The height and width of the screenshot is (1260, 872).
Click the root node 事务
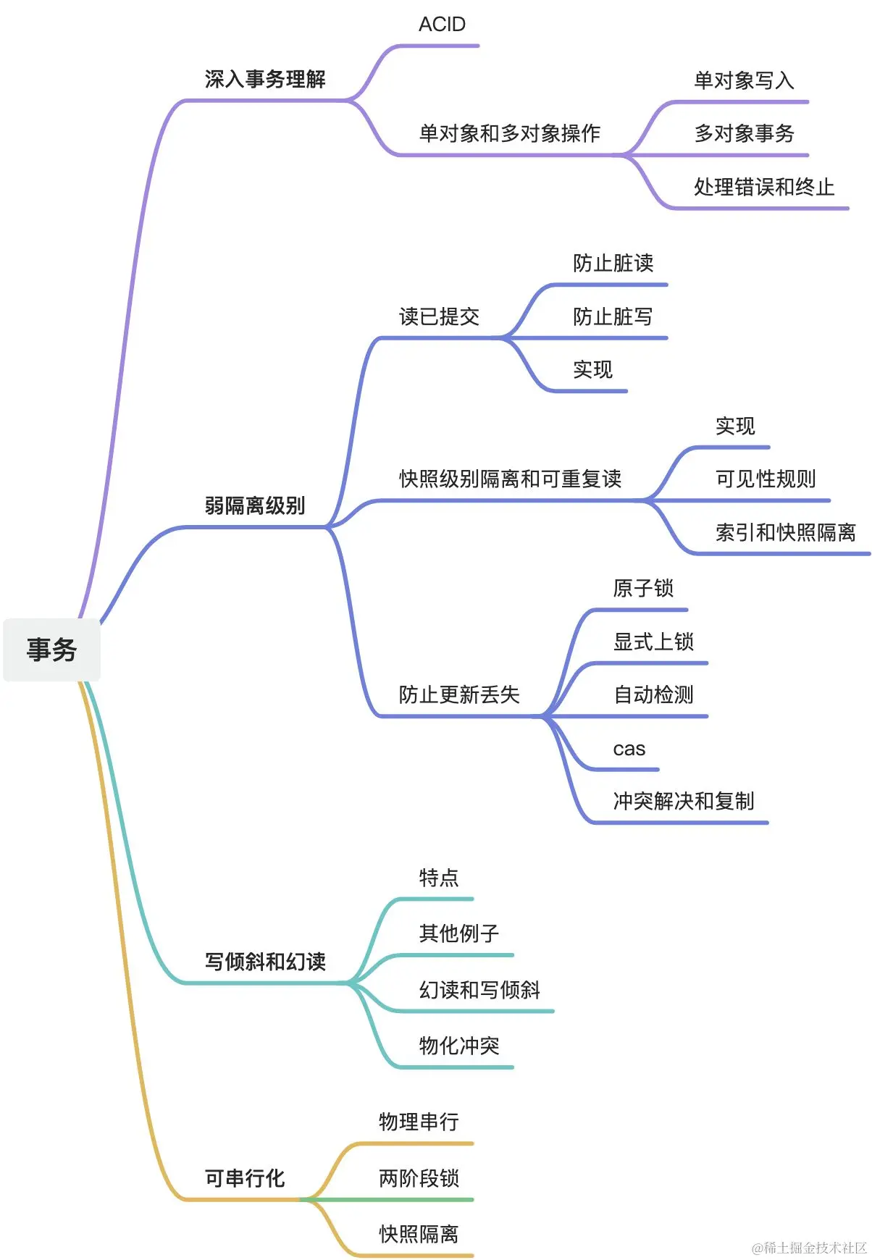(x=51, y=650)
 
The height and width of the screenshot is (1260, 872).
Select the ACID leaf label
(x=442, y=25)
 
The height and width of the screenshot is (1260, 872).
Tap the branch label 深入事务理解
(x=265, y=79)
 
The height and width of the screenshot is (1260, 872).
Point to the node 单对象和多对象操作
(x=510, y=133)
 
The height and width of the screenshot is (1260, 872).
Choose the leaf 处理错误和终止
(x=764, y=187)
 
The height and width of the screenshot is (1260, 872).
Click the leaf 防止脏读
(x=613, y=263)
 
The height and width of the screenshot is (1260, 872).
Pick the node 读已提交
(x=439, y=316)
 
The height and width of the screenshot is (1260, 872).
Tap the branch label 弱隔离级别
(x=255, y=505)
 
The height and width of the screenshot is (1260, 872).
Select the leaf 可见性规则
(x=766, y=479)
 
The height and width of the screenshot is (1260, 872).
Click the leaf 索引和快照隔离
(x=786, y=532)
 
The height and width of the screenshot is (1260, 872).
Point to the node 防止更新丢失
(x=459, y=694)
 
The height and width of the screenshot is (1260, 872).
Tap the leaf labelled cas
(x=629, y=749)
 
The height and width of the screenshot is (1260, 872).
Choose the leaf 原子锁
(x=643, y=588)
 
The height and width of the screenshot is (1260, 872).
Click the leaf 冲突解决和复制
(x=684, y=801)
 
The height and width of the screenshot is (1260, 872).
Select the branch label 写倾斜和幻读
(x=265, y=962)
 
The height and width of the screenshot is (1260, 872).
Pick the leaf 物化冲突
(x=459, y=1046)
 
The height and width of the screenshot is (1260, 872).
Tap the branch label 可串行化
(x=245, y=1178)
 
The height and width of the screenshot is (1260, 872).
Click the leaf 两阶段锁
(x=419, y=1178)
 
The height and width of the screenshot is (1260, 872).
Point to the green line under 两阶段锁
(x=406, y=1200)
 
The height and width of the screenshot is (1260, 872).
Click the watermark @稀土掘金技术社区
(x=809, y=1248)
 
